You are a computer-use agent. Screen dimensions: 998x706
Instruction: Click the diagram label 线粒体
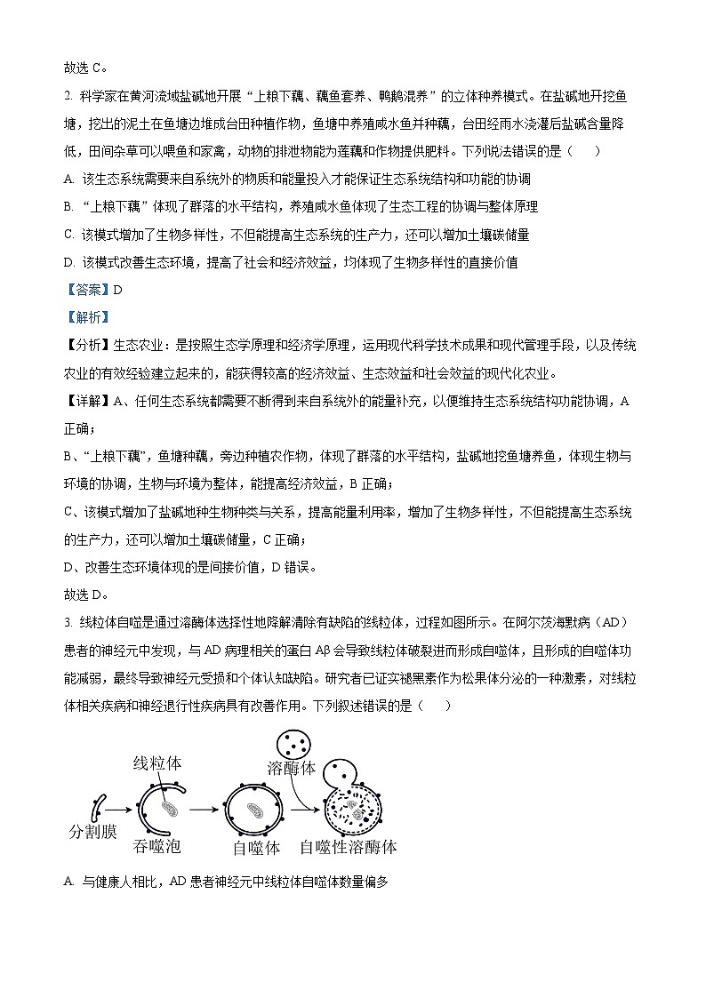tap(160, 763)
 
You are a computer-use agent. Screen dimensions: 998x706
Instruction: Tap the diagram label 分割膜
tap(93, 833)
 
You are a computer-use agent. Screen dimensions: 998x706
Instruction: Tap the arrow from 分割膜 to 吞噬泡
tap(120, 809)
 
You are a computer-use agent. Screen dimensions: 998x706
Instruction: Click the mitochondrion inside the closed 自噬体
tap(255, 810)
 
